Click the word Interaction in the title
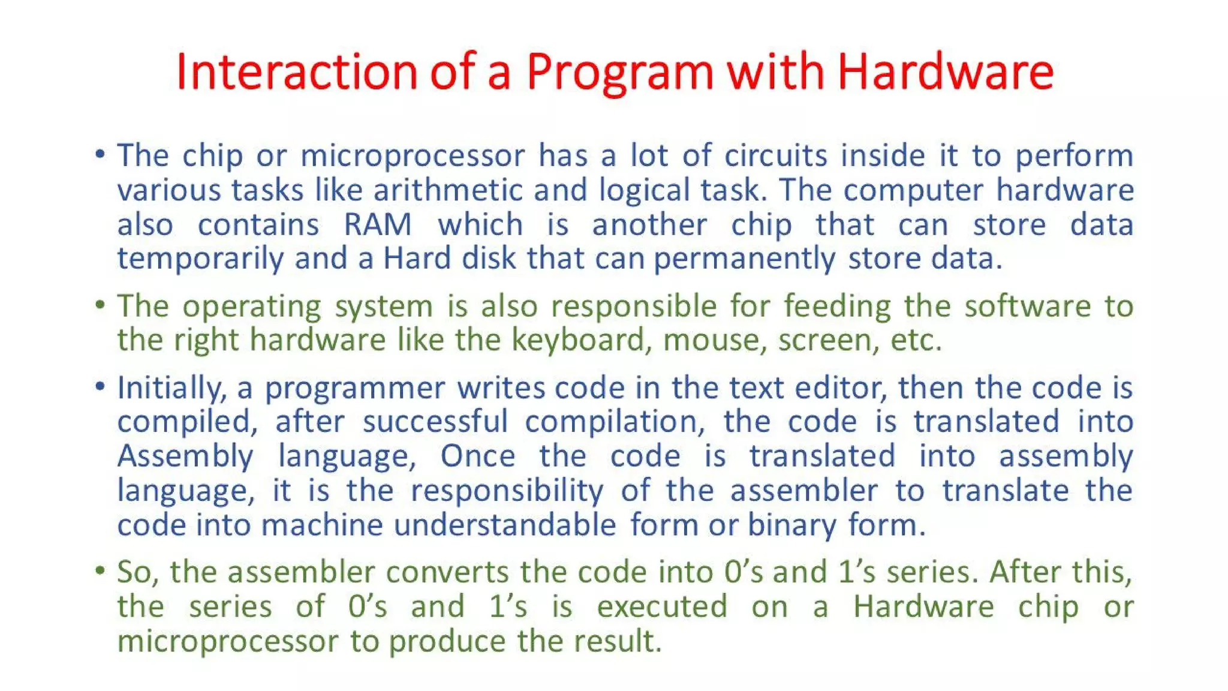(x=296, y=72)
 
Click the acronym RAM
(x=378, y=225)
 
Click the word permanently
(x=744, y=260)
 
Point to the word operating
(x=252, y=307)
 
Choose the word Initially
(x=171, y=388)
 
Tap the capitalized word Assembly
(x=185, y=456)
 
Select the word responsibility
(x=507, y=491)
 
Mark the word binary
(x=791, y=526)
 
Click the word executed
(x=662, y=606)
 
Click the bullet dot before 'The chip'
(x=100, y=155)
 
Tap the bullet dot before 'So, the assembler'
(x=100, y=570)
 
